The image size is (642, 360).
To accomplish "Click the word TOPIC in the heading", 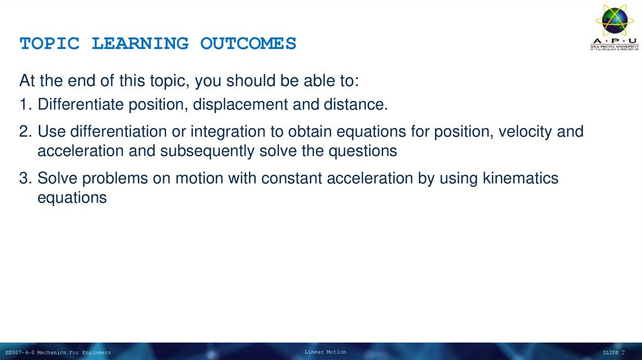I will [50, 44].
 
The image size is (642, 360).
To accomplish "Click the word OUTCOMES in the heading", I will [248, 44].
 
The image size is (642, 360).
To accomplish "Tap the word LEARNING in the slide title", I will [140, 44].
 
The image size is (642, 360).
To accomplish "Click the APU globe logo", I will [614, 22].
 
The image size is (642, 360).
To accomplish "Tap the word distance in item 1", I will [355, 104].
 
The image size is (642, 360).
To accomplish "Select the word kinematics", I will [520, 179].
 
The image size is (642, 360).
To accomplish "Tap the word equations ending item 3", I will [72, 198].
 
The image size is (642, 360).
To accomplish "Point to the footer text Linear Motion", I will [325, 352].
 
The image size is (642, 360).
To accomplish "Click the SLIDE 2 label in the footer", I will [613, 352].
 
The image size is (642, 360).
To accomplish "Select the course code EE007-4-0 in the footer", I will [19, 352].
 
